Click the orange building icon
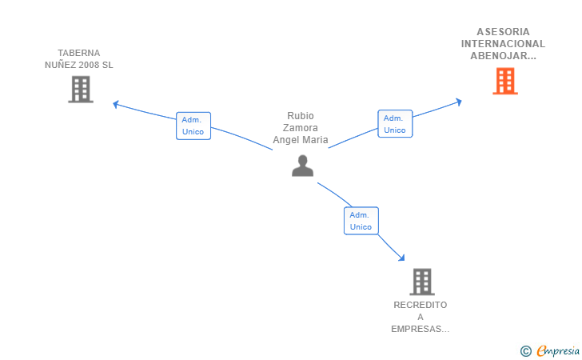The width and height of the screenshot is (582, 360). (505, 81)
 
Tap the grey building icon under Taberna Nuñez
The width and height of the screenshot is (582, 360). (81, 89)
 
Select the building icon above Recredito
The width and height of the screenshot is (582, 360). (422, 282)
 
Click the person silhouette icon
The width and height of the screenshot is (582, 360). (302, 166)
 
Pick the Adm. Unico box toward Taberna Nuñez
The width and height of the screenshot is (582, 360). (193, 126)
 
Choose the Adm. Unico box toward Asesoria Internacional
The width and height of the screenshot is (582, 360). (395, 124)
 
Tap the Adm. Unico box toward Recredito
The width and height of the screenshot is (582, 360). (361, 221)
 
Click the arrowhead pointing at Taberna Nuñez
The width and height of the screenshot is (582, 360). (115, 104)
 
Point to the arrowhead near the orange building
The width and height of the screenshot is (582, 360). (459, 102)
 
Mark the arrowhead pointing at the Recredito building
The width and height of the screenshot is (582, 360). (401, 258)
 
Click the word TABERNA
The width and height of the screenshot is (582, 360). (78, 53)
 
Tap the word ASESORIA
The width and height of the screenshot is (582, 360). (504, 31)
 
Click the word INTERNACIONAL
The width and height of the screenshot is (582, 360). (503, 44)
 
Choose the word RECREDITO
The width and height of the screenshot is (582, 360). (421, 305)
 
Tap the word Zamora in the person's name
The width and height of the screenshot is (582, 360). (301, 128)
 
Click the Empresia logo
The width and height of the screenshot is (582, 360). (558, 350)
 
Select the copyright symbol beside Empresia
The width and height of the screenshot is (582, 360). (525, 351)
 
